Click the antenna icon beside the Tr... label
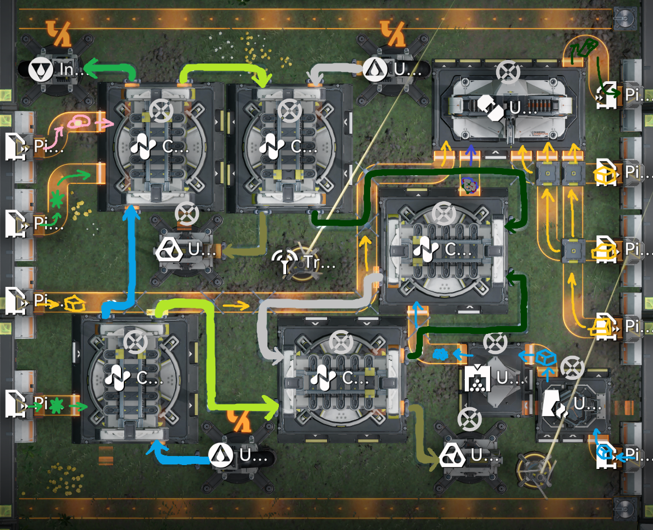click(x=286, y=262)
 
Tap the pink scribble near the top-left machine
click(x=81, y=121)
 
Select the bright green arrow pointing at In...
click(x=110, y=70)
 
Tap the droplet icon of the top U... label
click(x=373, y=70)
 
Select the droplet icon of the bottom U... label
click(x=221, y=455)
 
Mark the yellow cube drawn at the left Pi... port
click(x=73, y=304)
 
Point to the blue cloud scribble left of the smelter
click(x=441, y=354)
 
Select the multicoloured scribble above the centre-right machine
click(x=468, y=184)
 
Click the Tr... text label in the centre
click(x=319, y=262)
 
